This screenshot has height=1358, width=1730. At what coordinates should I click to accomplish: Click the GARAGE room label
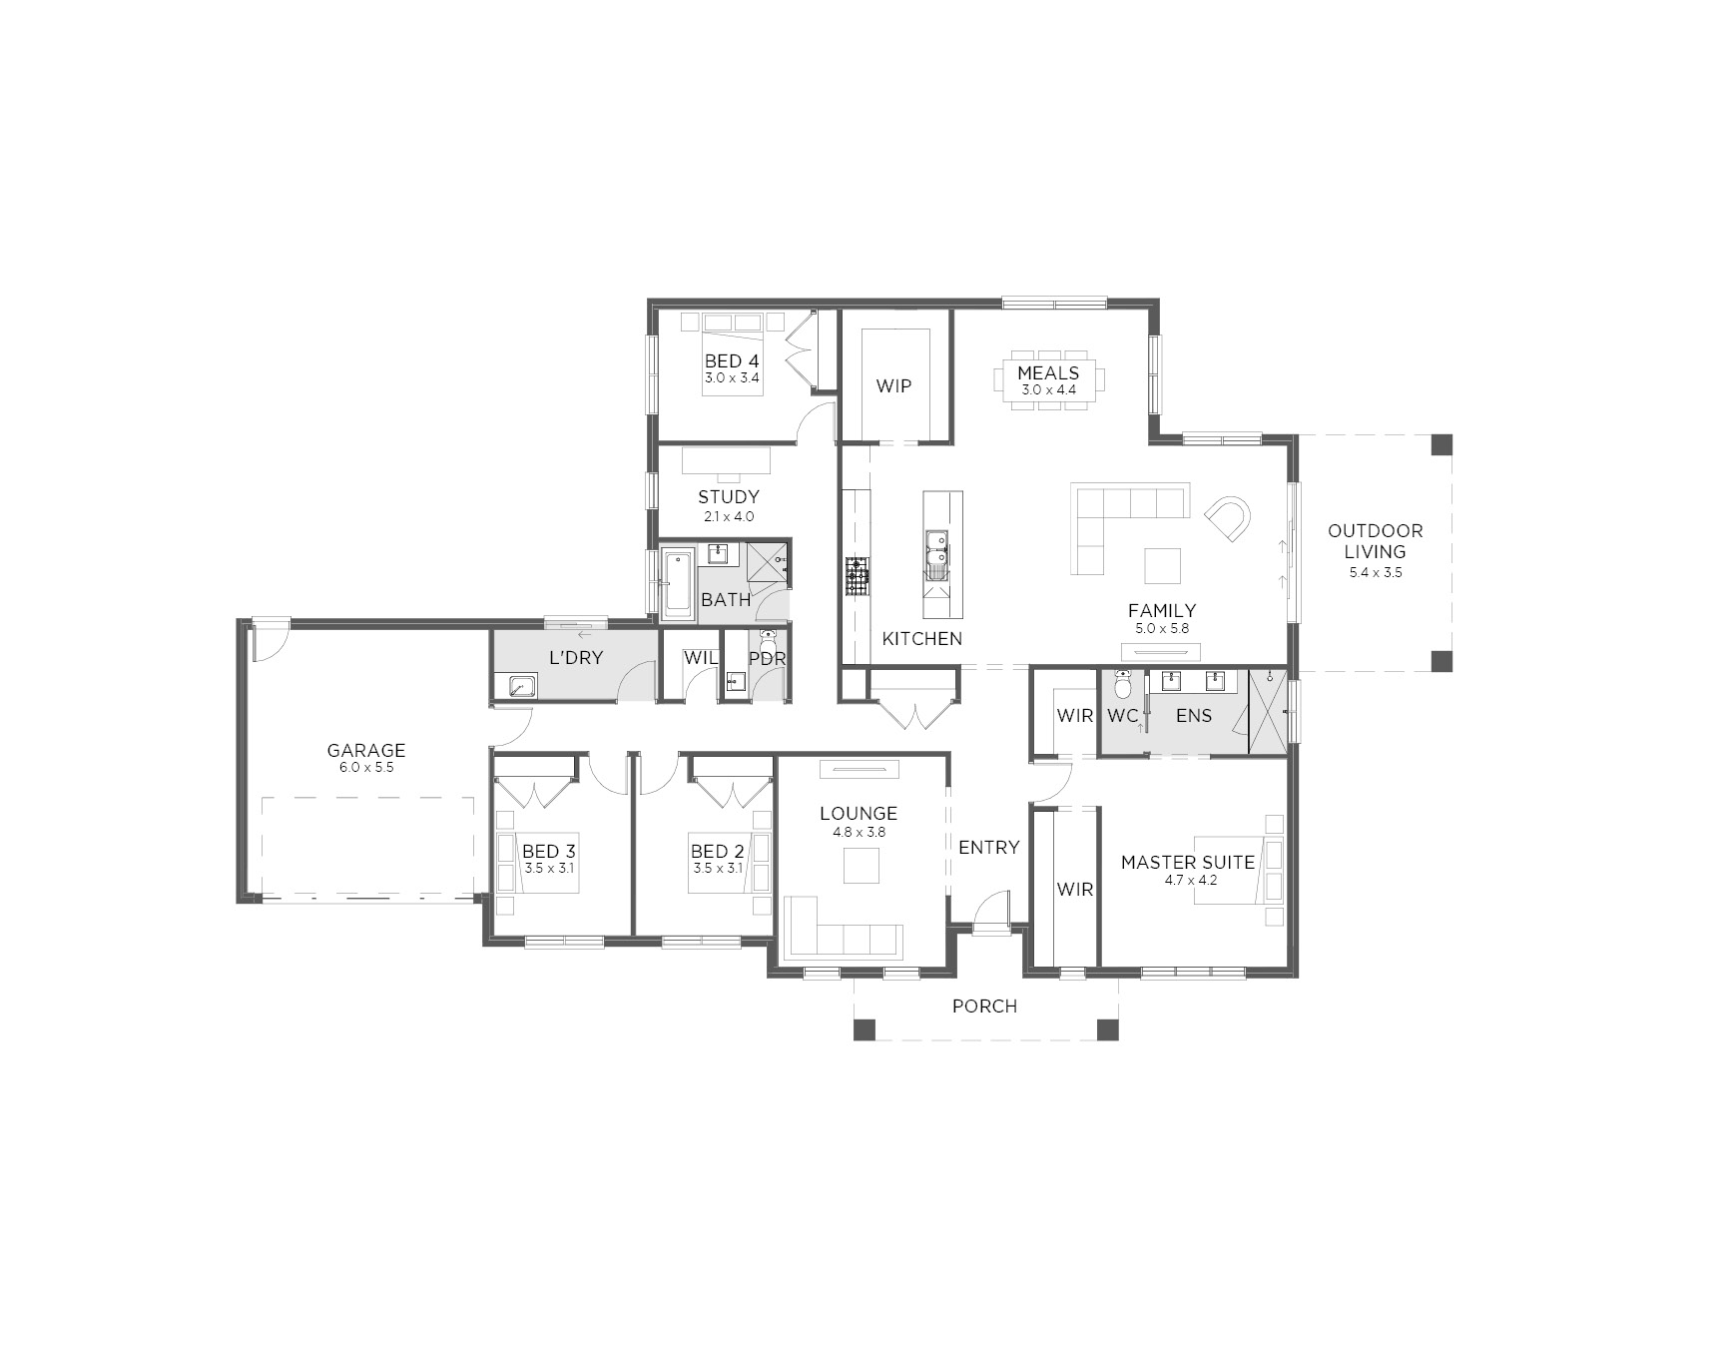pos(366,750)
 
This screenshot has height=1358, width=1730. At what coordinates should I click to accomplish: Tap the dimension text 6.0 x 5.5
pos(366,768)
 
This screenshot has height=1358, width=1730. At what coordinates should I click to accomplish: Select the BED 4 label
pos(732,360)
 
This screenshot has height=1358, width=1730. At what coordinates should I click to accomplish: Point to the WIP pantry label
pos(893,385)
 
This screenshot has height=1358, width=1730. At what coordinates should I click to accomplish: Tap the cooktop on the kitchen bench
pos(858,576)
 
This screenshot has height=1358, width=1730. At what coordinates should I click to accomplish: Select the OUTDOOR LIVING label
pos(1375,540)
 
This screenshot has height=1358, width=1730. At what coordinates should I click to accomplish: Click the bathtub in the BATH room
pos(678,581)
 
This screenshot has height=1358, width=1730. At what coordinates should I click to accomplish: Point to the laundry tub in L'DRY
pos(518,686)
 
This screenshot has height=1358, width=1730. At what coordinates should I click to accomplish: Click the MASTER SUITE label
pos(1188,862)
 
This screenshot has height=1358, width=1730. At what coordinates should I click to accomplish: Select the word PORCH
pos(984,1006)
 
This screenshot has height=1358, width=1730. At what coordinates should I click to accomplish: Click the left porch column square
pos(865,1029)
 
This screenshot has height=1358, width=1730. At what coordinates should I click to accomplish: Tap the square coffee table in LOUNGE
pos(861,866)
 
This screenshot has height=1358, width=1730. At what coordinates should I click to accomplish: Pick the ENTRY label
pos(988,847)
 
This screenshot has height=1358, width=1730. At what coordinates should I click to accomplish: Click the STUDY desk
pos(727,460)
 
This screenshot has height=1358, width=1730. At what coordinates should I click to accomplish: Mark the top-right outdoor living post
pos(1441,444)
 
